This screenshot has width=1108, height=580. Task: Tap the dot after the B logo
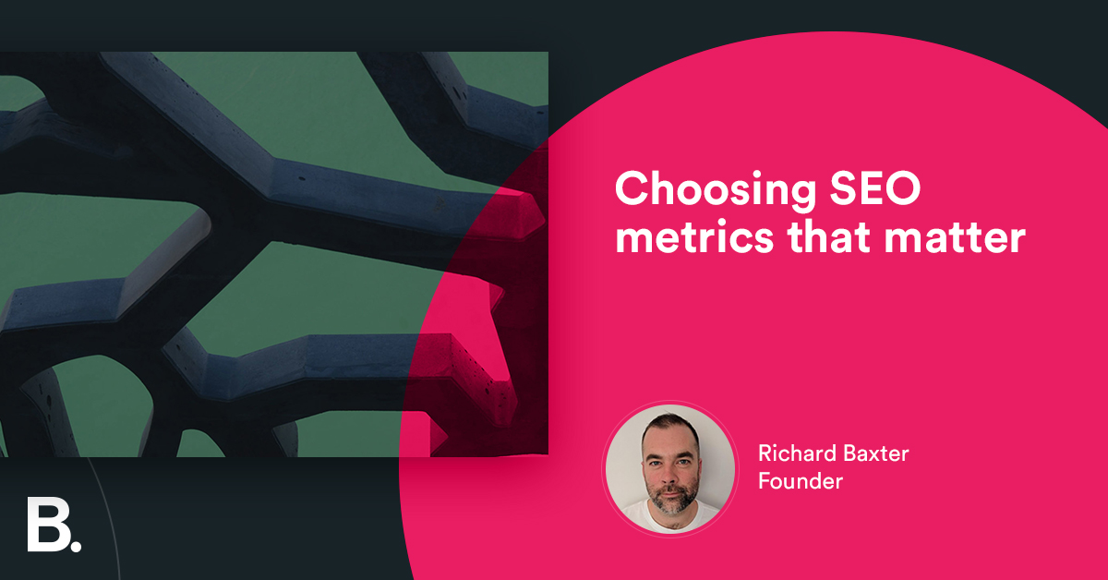click(x=75, y=545)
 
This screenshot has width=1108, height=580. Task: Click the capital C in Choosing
click(x=632, y=189)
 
